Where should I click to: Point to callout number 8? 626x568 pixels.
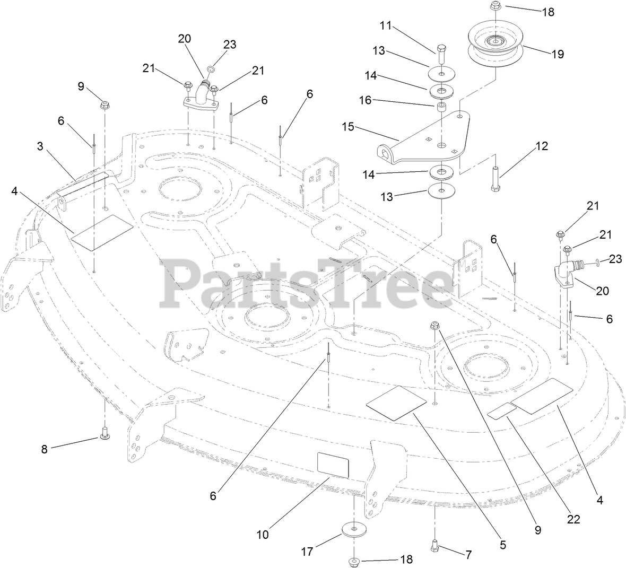44,449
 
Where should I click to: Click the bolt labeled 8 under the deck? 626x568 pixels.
105,433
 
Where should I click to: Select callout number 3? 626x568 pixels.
40,146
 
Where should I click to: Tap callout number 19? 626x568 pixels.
558,54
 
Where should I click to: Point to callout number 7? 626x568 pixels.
468,555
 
